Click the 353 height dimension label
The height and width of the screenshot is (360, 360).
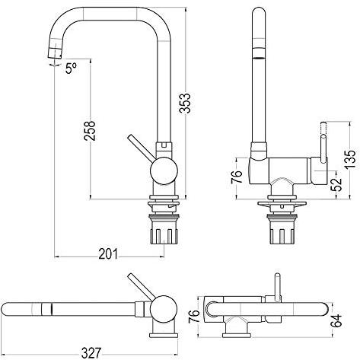pos(185,103)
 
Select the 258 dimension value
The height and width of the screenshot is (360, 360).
pos(90,131)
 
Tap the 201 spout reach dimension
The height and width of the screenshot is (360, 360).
pos(108,254)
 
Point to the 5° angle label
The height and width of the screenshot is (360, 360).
pos(71,68)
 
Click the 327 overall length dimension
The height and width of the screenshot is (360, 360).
pos(91,353)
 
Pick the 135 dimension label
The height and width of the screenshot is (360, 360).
pos(350,159)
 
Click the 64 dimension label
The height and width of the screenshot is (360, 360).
pos(337,320)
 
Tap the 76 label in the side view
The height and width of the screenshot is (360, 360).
pos(237,177)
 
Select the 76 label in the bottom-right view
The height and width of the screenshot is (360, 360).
pos(194,316)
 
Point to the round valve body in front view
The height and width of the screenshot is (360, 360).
pos(164,170)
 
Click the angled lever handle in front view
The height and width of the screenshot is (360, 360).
pos(141,148)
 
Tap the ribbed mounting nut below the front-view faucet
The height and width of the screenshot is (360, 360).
pos(164,230)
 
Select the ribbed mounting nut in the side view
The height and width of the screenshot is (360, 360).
pos(282,230)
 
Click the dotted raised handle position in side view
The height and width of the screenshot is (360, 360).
pos(323,129)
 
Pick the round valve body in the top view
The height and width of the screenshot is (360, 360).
pos(164,309)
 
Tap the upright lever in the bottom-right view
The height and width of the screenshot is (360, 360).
pos(278,288)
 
